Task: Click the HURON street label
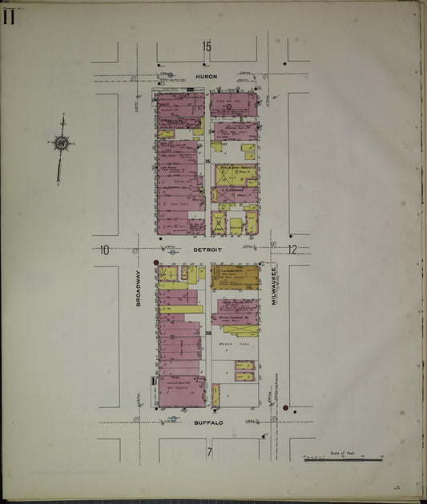[x=207, y=76]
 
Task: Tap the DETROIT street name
[x=207, y=250]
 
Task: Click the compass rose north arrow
[x=60, y=145]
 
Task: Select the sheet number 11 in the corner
[x=9, y=16]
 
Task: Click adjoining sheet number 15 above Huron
[x=207, y=46]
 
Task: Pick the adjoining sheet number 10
[x=104, y=250]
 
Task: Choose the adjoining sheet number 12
[x=292, y=250]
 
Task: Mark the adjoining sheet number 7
[x=208, y=453]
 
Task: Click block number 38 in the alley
[x=207, y=333]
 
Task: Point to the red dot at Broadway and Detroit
[x=156, y=262]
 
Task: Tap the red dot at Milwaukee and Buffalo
[x=285, y=407]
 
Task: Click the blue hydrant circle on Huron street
[x=170, y=75]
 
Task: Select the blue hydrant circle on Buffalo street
[x=173, y=418]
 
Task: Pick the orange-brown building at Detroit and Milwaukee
[x=236, y=276]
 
